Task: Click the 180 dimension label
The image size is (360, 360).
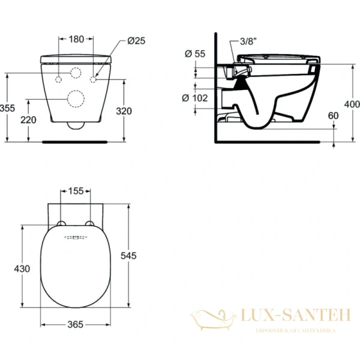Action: point(76,40)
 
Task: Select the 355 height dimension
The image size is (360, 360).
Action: point(7,109)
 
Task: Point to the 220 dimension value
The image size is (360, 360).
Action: point(28,119)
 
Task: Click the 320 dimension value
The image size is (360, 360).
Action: point(123,111)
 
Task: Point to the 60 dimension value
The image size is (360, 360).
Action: point(333,115)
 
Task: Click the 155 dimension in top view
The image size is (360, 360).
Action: point(76,191)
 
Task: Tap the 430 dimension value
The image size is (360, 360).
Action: point(22,269)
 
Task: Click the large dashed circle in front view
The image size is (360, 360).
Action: point(76,100)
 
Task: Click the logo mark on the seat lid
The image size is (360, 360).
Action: point(76,238)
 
